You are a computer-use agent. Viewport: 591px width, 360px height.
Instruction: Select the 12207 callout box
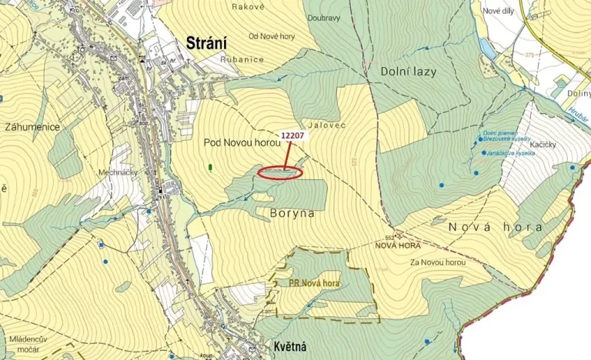[x=293, y=135]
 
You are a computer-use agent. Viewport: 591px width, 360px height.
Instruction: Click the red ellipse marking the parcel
[x=279, y=172]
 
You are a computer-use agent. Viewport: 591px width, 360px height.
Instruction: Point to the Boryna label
[x=292, y=212]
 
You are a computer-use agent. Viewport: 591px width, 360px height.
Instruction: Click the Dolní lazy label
[x=408, y=72]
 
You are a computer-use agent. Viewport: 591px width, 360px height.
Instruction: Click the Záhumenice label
[x=32, y=126]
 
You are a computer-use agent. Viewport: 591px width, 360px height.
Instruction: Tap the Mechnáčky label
[x=117, y=173]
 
